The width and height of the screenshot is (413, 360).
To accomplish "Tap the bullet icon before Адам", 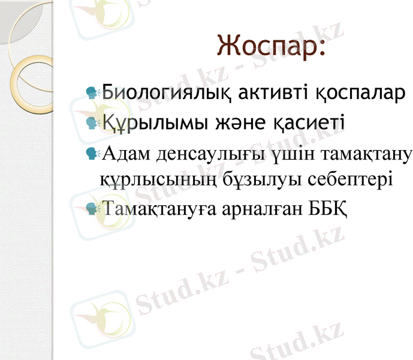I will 92,154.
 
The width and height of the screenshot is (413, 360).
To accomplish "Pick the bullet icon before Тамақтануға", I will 92,208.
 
